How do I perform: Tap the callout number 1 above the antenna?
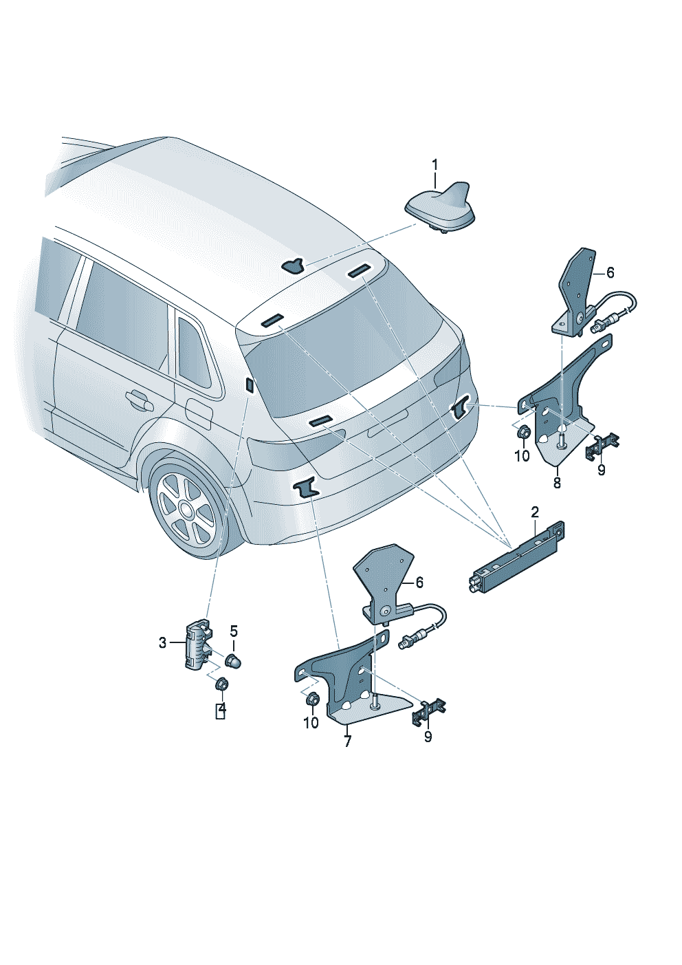(x=435, y=164)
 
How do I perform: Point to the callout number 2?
(x=535, y=512)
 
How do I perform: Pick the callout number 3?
(x=162, y=642)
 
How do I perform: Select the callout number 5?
(x=233, y=631)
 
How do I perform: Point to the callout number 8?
(x=557, y=482)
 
